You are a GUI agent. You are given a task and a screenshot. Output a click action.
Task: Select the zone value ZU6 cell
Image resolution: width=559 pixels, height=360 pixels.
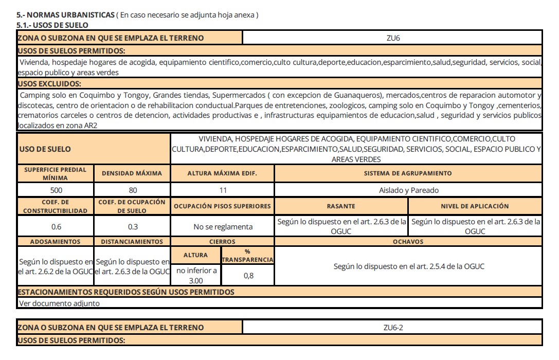click(x=392, y=38)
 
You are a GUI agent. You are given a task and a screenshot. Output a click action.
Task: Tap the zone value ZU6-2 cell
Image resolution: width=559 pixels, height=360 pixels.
click(x=392, y=328)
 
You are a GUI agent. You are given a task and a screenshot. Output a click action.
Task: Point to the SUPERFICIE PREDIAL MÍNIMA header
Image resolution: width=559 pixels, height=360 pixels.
click(x=55, y=173)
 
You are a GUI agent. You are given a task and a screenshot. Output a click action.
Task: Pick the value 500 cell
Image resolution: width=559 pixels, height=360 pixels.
click(x=55, y=190)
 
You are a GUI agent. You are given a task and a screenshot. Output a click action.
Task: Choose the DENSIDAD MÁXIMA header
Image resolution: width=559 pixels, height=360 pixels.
click(x=132, y=173)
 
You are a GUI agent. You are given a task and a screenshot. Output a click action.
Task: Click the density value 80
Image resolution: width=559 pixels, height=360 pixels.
click(x=132, y=190)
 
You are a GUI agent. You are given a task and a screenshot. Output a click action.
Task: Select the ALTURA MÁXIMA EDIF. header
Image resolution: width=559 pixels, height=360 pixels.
click(x=223, y=173)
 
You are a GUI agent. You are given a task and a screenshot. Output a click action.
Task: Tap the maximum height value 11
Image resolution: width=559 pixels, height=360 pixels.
click(x=223, y=190)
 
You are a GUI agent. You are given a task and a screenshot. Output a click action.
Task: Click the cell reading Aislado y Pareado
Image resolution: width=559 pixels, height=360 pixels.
click(x=408, y=190)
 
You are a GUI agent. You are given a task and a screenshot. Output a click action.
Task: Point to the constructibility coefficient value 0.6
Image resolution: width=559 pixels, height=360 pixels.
click(x=55, y=226)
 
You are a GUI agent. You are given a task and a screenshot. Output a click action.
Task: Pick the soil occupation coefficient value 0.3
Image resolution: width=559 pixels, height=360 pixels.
click(x=132, y=226)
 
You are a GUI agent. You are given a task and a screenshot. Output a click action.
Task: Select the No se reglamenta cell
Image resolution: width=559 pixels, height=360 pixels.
click(x=223, y=226)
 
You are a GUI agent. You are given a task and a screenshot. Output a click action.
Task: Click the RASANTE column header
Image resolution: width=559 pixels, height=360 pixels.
click(x=341, y=206)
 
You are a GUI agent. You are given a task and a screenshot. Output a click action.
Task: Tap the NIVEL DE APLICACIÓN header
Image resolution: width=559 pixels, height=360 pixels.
click(x=475, y=206)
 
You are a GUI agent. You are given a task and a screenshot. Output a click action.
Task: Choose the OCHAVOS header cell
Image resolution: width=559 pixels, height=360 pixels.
click(x=408, y=241)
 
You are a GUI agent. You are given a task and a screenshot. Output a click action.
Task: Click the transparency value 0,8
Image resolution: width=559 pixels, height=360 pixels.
click(x=247, y=276)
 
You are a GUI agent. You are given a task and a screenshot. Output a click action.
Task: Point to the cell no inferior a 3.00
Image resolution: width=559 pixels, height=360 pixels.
click(x=196, y=275)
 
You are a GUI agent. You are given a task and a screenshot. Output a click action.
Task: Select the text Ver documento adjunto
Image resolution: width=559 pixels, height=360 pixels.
click(x=59, y=303)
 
